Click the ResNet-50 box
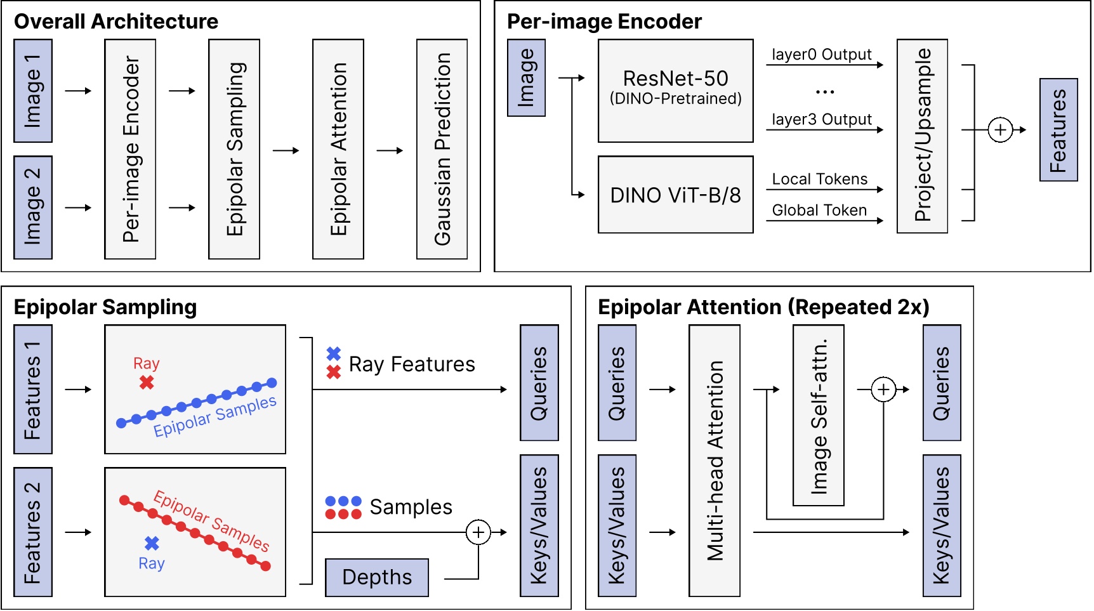(675, 91)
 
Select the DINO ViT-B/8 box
(675, 195)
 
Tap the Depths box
(376, 577)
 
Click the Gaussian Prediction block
(442, 149)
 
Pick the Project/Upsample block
(922, 136)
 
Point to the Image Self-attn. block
(818, 415)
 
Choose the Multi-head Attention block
(715, 461)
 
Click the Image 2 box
(33, 207)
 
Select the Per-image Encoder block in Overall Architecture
(130, 149)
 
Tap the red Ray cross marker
(147, 383)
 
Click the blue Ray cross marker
(152, 543)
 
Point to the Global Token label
(819, 210)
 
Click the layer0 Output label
(821, 55)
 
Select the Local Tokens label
(819, 179)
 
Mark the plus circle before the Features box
(1000, 130)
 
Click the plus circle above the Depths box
(478, 532)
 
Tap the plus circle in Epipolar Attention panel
(883, 390)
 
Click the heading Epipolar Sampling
(105, 307)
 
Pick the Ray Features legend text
(412, 364)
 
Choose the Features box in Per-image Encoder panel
(1058, 130)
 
